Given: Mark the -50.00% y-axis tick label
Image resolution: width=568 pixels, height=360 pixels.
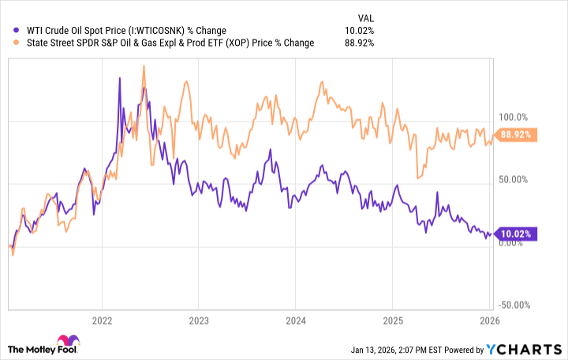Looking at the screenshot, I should pyautogui.click(x=514, y=306).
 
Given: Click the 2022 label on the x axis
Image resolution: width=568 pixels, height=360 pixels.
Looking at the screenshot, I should pyautogui.click(x=102, y=321).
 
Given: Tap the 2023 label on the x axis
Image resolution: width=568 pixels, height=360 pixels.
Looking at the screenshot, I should pyautogui.click(x=199, y=321).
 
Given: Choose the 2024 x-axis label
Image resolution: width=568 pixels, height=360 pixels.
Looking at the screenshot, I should pyautogui.click(x=296, y=321).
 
